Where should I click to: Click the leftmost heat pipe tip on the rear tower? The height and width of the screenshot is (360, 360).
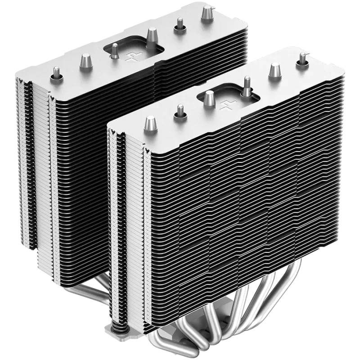[57, 72]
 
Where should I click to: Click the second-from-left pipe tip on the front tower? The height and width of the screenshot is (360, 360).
[180, 111]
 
